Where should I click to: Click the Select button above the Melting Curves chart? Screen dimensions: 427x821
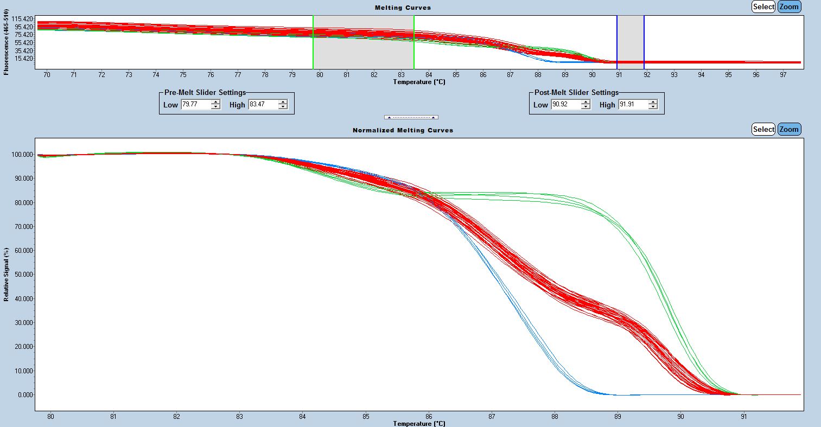tap(763, 7)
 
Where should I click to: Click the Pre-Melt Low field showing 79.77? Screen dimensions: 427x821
tap(195, 104)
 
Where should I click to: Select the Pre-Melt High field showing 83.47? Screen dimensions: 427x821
tap(263, 104)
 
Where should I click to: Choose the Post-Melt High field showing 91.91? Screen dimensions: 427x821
tap(632, 104)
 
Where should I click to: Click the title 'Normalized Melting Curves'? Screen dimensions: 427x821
tap(403, 130)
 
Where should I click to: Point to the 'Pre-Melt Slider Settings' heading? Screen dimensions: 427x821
tap(205, 93)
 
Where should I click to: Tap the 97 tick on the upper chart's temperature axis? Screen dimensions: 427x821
tap(783, 75)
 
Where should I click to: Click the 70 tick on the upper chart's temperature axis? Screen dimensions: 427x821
tap(47, 75)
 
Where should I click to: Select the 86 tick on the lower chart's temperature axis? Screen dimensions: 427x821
tap(429, 417)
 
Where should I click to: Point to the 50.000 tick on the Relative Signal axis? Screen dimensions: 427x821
tap(22, 275)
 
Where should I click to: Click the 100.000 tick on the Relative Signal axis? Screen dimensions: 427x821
tap(21, 155)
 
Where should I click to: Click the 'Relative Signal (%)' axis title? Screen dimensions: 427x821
tap(7, 275)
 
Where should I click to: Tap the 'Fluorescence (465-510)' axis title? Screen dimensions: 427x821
tap(7, 42)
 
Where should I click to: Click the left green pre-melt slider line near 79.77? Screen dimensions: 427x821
tap(313, 42)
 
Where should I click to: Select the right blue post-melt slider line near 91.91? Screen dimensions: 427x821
tap(644, 42)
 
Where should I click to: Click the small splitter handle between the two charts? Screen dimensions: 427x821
tap(411, 117)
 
